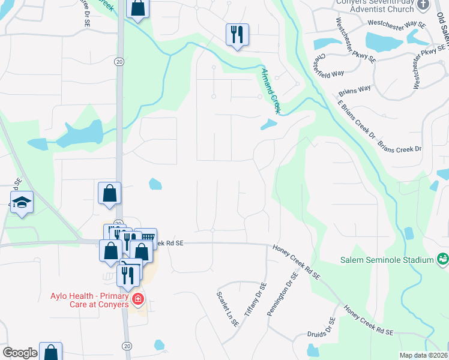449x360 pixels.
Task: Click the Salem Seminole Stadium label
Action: (386, 260)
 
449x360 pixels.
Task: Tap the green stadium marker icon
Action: (443, 259)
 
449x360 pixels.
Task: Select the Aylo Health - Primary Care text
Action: (89, 300)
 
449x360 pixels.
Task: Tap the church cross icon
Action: (423, 5)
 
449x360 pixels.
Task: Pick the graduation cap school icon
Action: (22, 203)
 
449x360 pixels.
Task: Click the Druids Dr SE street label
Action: (329, 329)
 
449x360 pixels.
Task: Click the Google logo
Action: (19, 353)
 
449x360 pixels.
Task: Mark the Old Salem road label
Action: (442, 36)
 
